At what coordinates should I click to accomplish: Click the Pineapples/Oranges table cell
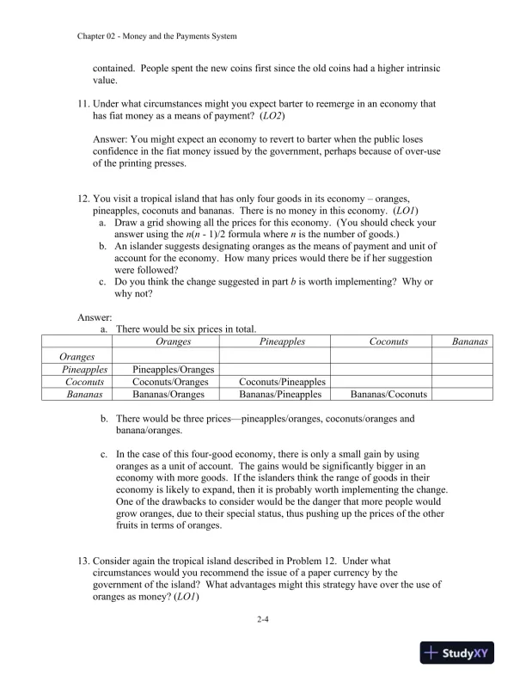pyautogui.click(x=174, y=369)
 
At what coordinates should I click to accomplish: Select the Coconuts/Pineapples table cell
pyautogui.click(x=282, y=382)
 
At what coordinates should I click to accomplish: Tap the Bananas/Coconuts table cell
pyautogui.click(x=388, y=395)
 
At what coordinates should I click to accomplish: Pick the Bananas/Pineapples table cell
pyautogui.click(x=282, y=395)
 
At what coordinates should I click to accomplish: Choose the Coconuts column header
pyautogui.click(x=388, y=342)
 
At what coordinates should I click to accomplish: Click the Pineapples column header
pyautogui.click(x=282, y=342)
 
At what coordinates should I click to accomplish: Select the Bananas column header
pyautogui.click(x=470, y=342)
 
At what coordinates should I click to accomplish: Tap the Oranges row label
pyautogui.click(x=77, y=356)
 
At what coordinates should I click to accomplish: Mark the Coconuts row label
pyautogui.click(x=84, y=382)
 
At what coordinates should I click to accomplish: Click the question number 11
pyautogui.click(x=83, y=103)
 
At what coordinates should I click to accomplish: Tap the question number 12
pyautogui.click(x=83, y=197)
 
